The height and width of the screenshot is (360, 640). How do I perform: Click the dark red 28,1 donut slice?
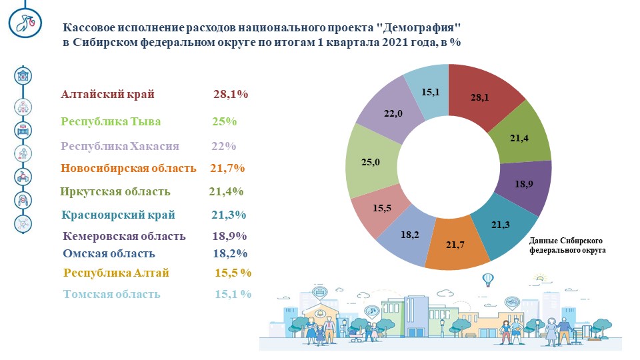(481, 96)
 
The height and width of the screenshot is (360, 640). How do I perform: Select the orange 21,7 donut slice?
(455, 244)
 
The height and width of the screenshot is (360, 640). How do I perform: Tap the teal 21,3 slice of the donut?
(503, 225)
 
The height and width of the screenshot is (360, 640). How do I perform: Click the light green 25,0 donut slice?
(371, 162)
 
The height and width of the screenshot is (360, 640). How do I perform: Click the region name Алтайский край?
(108, 94)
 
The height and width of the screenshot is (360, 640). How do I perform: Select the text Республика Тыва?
(111, 121)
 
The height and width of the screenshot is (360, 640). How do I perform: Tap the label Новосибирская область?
(129, 168)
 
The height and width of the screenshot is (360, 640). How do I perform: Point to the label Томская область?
(111, 294)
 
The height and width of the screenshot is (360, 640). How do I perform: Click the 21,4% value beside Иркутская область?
(226, 191)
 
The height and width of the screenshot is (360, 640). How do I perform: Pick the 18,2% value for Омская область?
(230, 253)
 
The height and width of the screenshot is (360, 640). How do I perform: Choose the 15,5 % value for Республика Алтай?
(233, 273)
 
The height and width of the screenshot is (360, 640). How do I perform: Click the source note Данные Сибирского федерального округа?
(567, 245)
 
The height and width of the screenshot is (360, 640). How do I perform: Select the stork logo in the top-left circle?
(25, 23)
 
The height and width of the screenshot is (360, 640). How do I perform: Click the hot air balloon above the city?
(488, 280)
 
